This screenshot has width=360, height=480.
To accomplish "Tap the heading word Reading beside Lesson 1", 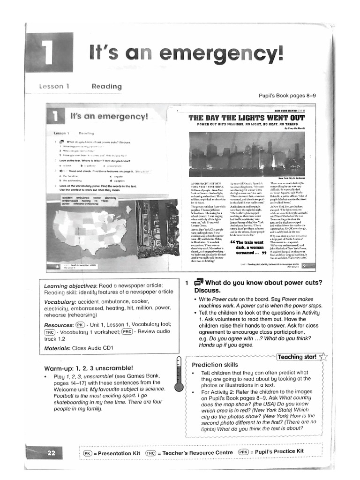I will pos(106,86).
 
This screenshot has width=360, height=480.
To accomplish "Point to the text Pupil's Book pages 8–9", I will pos(287,96).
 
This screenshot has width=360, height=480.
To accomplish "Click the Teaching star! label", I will pos(297,357).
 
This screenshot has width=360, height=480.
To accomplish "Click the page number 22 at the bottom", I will pos(51,453).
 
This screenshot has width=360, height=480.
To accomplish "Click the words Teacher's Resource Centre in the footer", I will pos(195,453).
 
